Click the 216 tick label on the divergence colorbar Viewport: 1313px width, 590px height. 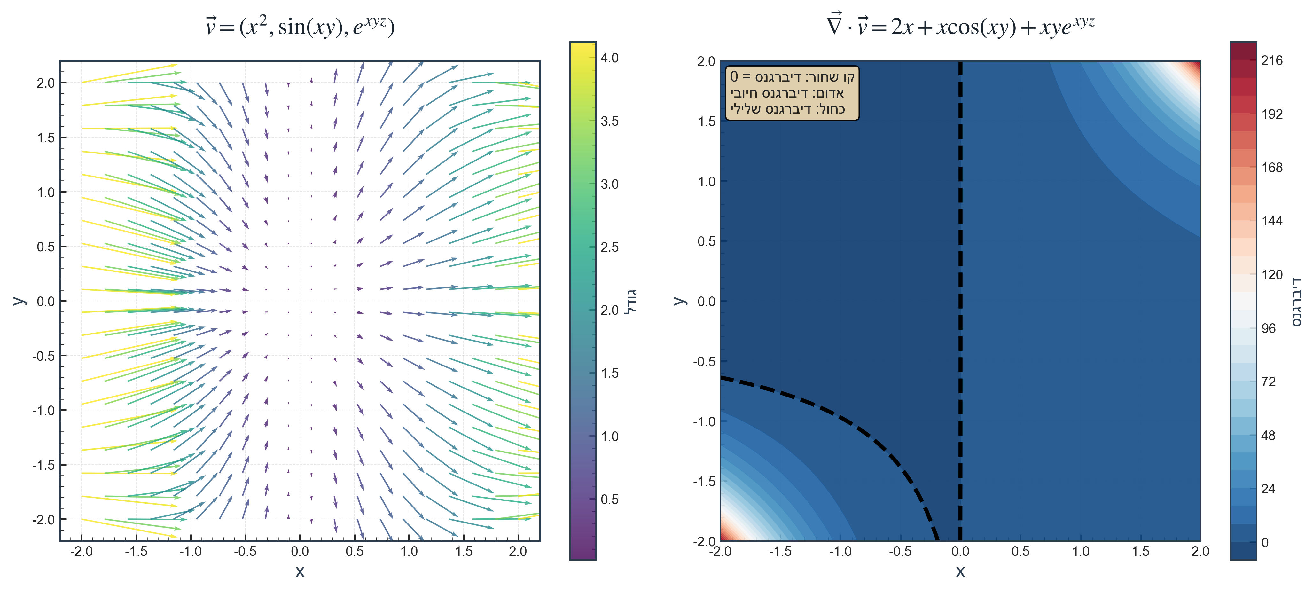point(1272,61)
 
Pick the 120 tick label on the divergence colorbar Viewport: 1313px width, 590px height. point(1272,275)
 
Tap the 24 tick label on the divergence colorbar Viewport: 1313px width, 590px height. point(1268,489)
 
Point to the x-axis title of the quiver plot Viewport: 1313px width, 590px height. point(300,572)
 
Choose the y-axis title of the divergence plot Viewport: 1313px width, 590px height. point(679,301)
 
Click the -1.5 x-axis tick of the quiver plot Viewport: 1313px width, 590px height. point(136,551)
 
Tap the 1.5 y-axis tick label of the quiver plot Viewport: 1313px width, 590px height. point(46,138)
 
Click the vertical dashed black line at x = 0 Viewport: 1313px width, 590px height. point(960,255)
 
